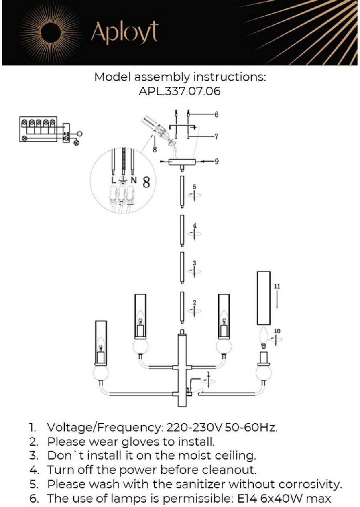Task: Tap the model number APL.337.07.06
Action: click(179, 91)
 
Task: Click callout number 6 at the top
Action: click(216, 115)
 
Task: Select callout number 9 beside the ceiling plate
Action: click(216, 162)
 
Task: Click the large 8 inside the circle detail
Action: click(146, 183)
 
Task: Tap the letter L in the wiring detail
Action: click(114, 180)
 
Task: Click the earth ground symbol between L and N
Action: click(124, 181)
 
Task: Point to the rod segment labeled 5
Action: click(182, 191)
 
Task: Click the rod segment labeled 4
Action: click(182, 230)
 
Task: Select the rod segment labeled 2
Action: click(182, 307)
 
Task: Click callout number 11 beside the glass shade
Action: click(277, 286)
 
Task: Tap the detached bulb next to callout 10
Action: click(264, 336)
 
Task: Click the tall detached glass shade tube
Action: click(264, 298)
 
